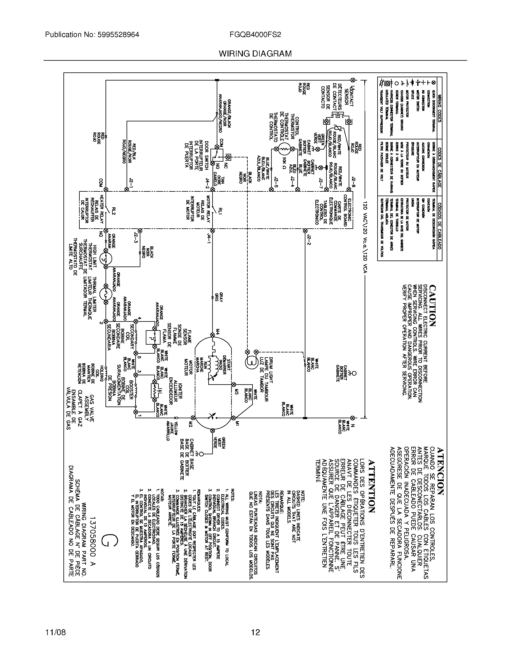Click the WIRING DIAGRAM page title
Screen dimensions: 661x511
click(255, 54)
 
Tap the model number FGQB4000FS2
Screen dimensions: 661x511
click(255, 35)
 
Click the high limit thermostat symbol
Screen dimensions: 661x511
click(106, 259)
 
